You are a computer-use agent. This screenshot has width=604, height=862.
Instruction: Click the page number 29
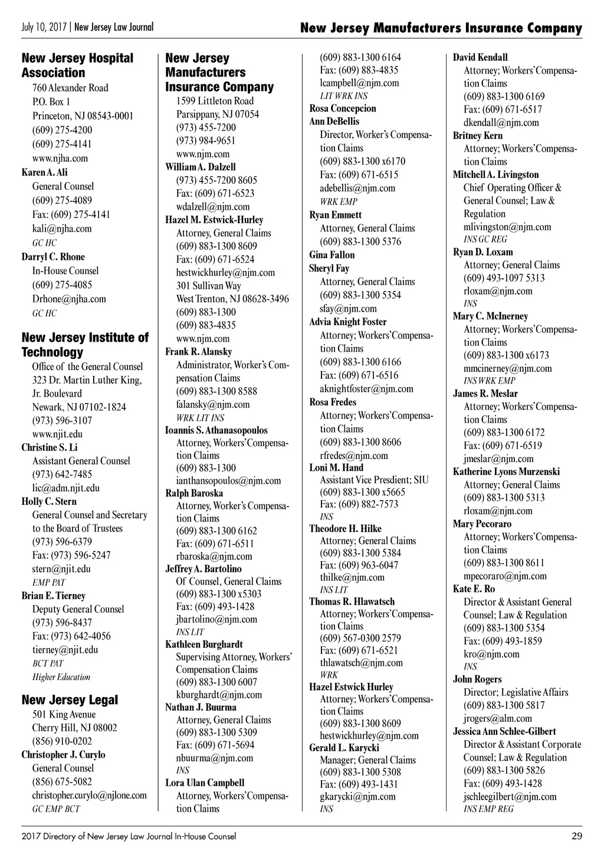point(576,836)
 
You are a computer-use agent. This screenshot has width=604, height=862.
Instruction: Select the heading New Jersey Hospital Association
point(77,65)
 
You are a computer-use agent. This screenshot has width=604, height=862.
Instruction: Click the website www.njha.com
point(60,158)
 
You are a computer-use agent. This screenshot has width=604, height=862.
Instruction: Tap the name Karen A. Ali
point(44,172)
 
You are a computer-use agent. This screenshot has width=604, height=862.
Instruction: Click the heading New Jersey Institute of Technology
point(85,345)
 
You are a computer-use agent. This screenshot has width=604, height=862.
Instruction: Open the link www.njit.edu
point(57,434)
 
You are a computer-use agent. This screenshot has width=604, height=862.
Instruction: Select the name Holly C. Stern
point(49,501)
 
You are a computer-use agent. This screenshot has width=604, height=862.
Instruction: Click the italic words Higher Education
point(61,677)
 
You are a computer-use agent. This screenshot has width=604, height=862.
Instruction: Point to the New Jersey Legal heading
point(70,700)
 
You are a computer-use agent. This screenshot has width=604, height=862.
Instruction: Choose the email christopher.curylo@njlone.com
point(89,795)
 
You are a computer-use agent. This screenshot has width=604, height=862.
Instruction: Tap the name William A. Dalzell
point(201,167)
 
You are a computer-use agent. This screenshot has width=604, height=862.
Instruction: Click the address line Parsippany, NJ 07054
point(217,114)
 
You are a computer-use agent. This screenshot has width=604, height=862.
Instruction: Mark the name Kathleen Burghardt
point(203,644)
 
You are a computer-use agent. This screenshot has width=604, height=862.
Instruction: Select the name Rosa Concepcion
point(342,108)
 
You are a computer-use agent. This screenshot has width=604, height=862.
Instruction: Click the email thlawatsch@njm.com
point(361,662)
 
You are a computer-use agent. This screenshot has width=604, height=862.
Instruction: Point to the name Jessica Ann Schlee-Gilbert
point(504,731)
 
